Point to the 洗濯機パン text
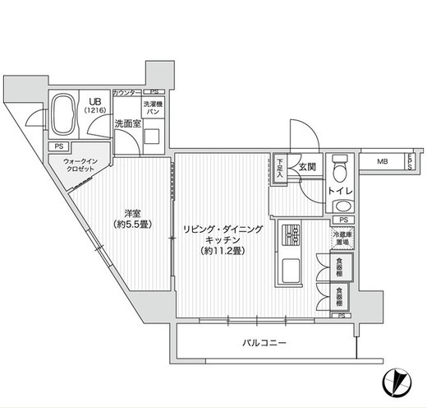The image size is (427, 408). tap(154, 109)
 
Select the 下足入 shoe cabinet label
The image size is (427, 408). tap(280, 168)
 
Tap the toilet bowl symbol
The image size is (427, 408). tap(341, 169)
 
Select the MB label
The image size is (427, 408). tap(383, 162)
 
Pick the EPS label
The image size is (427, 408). tap(411, 163)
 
